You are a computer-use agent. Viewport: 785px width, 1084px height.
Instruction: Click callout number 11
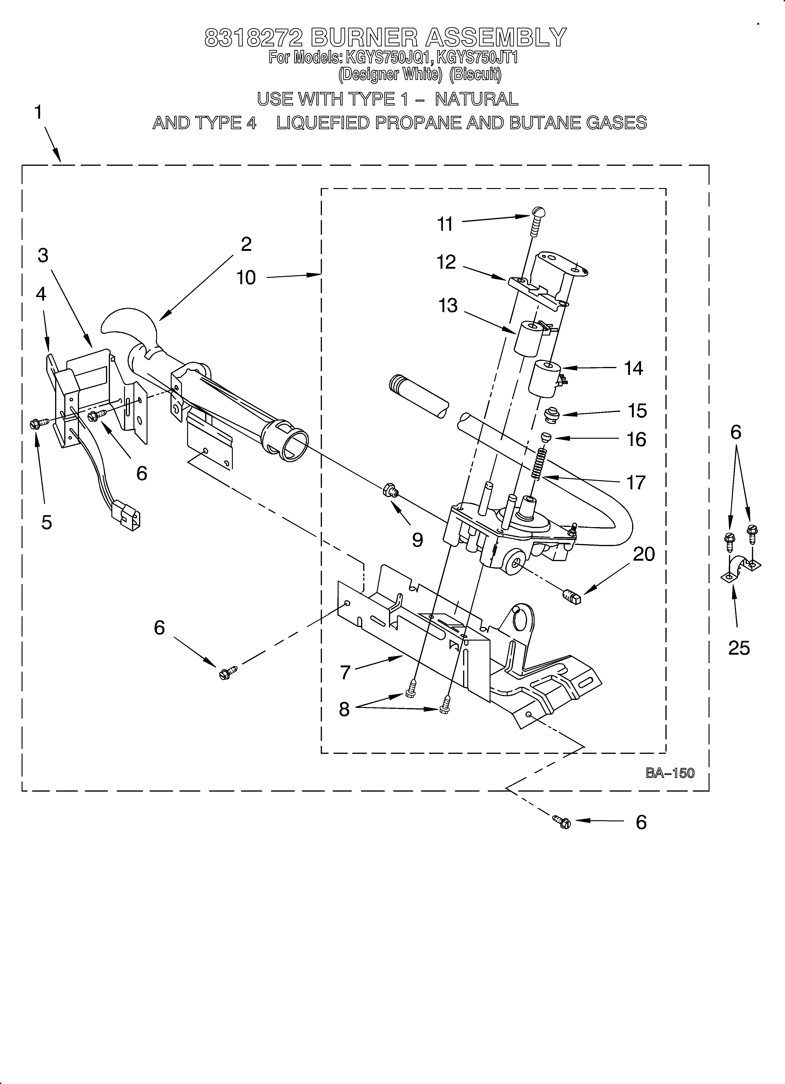[x=445, y=224]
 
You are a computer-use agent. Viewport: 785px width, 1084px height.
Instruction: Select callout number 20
[x=643, y=554]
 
